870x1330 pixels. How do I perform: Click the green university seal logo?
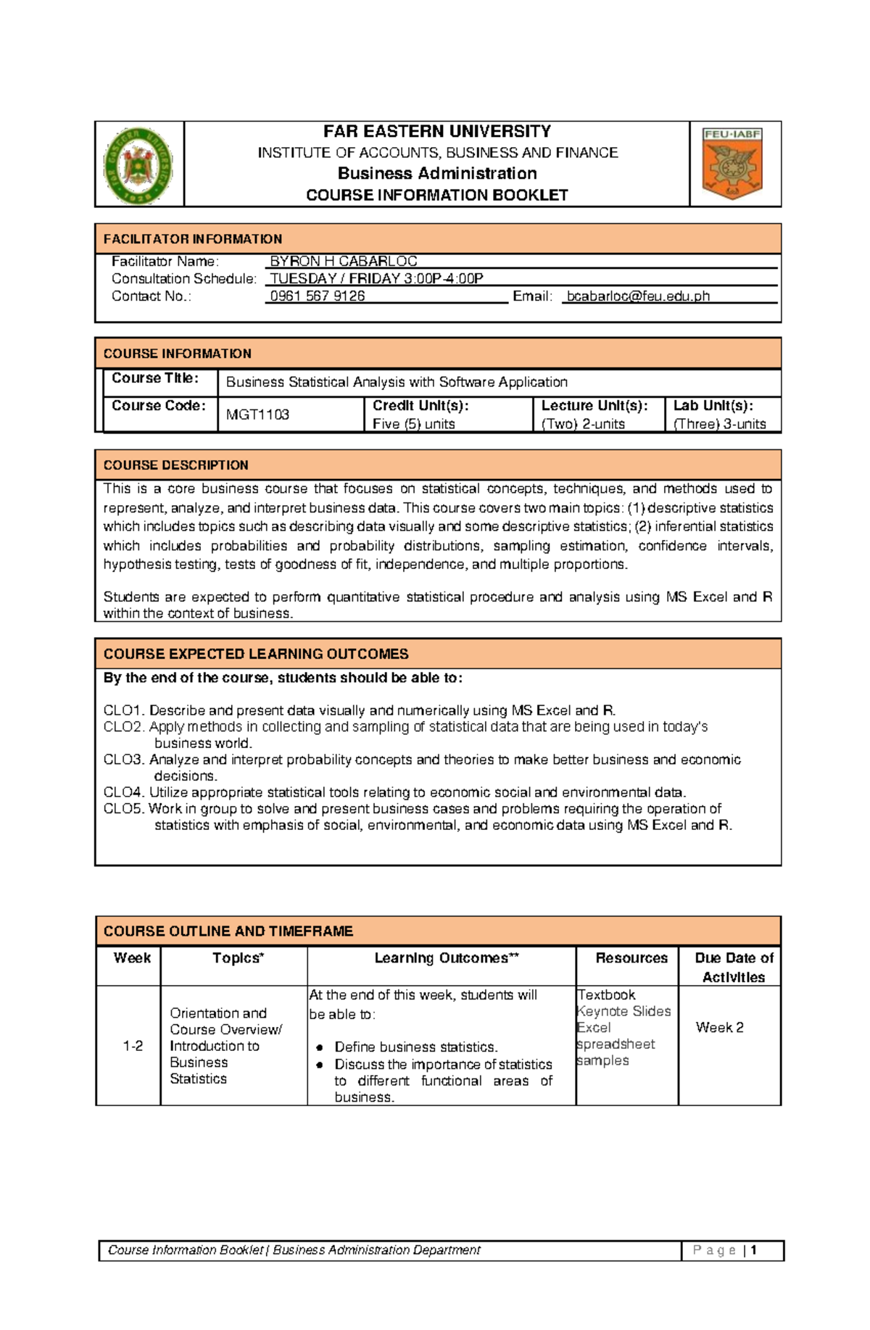(x=138, y=165)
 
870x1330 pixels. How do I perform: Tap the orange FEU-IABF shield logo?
(x=732, y=164)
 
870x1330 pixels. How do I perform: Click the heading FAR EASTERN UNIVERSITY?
(x=436, y=131)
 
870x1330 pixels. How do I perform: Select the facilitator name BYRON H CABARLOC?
(x=343, y=261)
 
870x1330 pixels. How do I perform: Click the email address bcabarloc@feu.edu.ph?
(x=638, y=296)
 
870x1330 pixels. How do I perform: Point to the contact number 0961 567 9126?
(x=318, y=296)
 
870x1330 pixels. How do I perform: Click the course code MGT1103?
(x=257, y=415)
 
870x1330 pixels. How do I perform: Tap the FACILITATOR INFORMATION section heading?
(x=193, y=239)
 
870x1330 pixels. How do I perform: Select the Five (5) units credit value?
(x=413, y=424)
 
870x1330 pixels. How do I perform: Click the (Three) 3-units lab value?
(x=719, y=424)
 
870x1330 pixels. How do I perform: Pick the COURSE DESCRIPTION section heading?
(x=176, y=465)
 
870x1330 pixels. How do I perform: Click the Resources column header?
(x=631, y=958)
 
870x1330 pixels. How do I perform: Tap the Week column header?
(x=132, y=958)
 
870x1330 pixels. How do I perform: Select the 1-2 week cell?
(x=133, y=1046)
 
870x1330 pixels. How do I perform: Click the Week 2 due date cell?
(x=719, y=1028)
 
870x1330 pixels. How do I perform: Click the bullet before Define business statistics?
(x=319, y=1047)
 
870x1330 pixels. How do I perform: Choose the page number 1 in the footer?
(x=754, y=1250)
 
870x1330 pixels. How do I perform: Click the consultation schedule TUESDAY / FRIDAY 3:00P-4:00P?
(x=376, y=278)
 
